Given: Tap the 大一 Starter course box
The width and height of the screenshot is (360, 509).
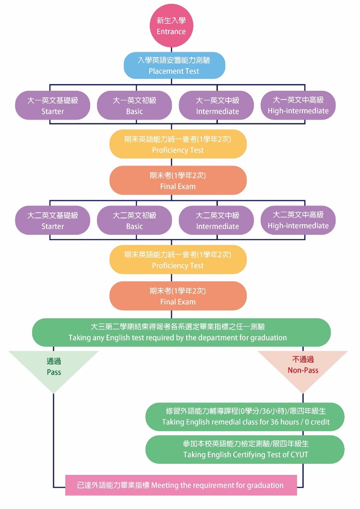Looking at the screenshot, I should coord(52,106).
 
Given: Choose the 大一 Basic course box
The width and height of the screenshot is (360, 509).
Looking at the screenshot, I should coord(134,106).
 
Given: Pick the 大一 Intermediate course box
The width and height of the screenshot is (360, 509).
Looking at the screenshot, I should coord(217,106).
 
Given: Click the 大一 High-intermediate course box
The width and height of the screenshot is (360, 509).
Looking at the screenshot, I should coord(298,105).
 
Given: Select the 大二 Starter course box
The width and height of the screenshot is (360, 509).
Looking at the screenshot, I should coord(52,220).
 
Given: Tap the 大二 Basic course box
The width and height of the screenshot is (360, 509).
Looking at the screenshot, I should coord(134,220).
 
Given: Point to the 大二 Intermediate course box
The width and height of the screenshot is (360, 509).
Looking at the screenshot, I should coord(217,220).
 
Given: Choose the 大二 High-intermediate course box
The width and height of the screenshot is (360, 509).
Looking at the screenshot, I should coord(298,220).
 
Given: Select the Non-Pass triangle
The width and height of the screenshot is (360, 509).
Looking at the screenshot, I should coord(303,365).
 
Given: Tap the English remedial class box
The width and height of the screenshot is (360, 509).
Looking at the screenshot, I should coord(245,417).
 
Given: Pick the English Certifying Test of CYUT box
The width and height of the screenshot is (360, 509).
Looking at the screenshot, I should coord(245,448).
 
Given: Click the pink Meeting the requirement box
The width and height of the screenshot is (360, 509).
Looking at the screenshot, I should coord(180,485).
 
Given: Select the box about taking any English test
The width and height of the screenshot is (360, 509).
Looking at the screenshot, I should coord(181,332).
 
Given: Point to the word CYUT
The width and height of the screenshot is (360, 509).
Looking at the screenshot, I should coord(299,454).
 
